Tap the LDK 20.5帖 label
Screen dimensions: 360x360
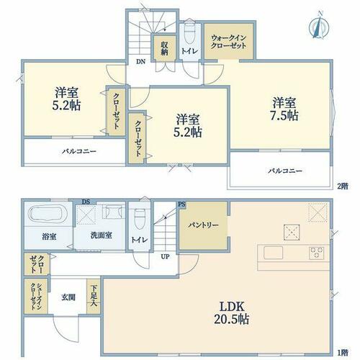[x=232, y=313]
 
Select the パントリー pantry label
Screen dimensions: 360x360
[x=203, y=225]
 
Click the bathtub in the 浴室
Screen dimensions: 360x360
[x=49, y=214]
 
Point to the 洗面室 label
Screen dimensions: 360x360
[x=102, y=235]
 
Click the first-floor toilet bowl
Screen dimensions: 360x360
[x=140, y=219]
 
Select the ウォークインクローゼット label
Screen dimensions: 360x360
[x=229, y=42]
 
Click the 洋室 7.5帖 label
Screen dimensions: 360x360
[x=284, y=109]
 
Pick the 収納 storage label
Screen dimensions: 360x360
[x=164, y=48]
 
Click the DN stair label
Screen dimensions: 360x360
[x=141, y=61]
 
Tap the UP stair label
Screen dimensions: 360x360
[x=165, y=256]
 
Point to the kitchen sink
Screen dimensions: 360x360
[x=273, y=253]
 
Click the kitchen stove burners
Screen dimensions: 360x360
[x=317, y=253]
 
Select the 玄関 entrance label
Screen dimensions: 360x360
[x=68, y=297]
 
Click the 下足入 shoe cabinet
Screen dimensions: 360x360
[x=94, y=296]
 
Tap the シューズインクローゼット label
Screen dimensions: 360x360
[x=36, y=297]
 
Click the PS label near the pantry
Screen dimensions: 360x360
[x=181, y=204]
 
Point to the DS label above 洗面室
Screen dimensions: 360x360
[x=86, y=202]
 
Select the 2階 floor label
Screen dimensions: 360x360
[x=343, y=186]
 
